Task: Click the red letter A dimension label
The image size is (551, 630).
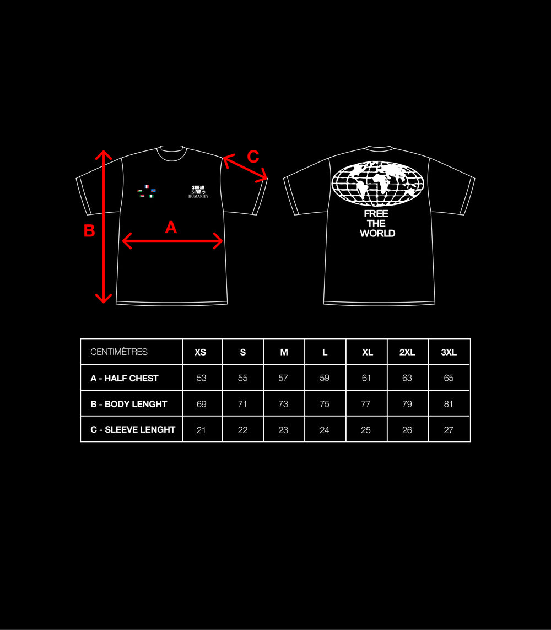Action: pyautogui.click(x=171, y=228)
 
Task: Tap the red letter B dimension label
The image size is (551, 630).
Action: pyautogui.click(x=89, y=231)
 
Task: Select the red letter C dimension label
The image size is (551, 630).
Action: pyautogui.click(x=253, y=157)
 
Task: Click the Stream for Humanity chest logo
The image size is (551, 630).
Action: pyautogui.click(x=198, y=192)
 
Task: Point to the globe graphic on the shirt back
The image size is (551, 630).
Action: pyautogui.click(x=377, y=184)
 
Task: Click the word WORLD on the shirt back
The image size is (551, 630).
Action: pyautogui.click(x=377, y=234)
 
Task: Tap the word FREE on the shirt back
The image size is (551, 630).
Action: pyautogui.click(x=376, y=214)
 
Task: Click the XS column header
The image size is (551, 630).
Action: pyautogui.click(x=201, y=352)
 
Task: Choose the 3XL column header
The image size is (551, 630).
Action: pyautogui.click(x=449, y=352)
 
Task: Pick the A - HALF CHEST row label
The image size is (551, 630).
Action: pyautogui.click(x=125, y=379)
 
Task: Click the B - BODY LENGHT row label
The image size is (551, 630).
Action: pyautogui.click(x=129, y=404)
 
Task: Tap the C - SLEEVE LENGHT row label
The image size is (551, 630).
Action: pyautogui.click(x=133, y=430)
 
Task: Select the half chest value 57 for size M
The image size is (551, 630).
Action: pyautogui.click(x=283, y=378)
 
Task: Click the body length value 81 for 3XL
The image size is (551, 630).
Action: pyautogui.click(x=449, y=404)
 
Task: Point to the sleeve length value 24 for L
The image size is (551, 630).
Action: pyautogui.click(x=325, y=430)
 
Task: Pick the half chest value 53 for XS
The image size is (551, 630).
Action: pyautogui.click(x=202, y=378)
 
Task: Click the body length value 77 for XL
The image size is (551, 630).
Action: pyautogui.click(x=366, y=404)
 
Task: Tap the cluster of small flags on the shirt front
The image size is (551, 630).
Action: pyautogui.click(x=146, y=191)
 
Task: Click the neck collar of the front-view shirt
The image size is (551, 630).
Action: pyautogui.click(x=172, y=159)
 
